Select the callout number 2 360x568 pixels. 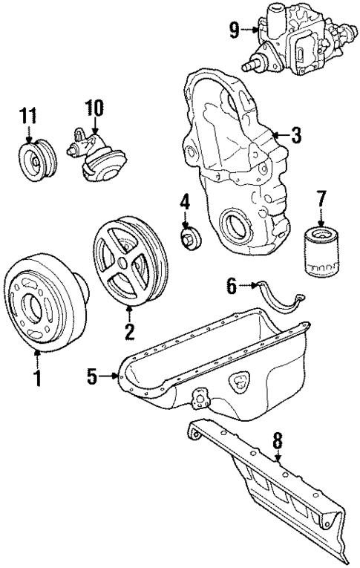tap(129, 329)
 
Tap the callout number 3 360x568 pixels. tap(295, 135)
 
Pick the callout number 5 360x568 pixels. tap(91, 377)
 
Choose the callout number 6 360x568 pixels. tap(231, 284)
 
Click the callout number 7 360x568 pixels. tap(321, 198)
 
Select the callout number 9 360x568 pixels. tap(234, 30)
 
